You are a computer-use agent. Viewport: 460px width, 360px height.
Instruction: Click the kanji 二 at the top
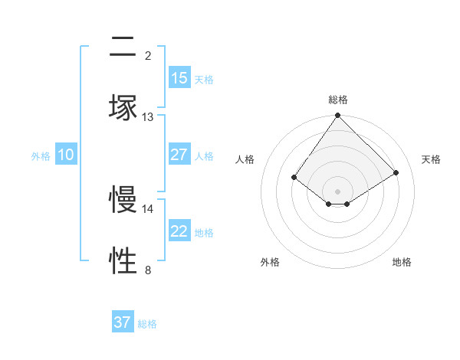pos(123,47)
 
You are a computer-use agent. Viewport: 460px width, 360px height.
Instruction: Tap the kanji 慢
pos(123,199)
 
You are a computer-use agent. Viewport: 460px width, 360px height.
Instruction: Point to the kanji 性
pos(123,260)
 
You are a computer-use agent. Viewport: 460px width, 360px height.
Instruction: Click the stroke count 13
pos(148,117)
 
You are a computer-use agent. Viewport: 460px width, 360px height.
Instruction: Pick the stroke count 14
pos(148,208)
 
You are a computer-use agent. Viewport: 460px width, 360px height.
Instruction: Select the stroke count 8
pos(148,270)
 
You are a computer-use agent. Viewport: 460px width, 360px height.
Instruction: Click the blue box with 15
pos(179,78)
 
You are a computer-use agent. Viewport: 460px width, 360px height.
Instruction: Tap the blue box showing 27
pos(179,155)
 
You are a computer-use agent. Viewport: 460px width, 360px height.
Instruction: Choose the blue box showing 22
pos(179,231)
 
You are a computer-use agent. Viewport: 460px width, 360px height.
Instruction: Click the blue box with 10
pos(66,155)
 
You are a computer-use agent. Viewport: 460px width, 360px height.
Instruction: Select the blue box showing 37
pos(123,322)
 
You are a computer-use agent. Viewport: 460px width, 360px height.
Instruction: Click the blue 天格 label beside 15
pos(204,79)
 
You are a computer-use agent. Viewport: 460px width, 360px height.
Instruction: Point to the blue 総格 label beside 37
pos(147,323)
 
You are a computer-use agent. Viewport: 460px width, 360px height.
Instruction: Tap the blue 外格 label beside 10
pos(41,155)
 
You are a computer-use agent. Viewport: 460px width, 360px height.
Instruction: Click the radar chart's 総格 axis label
pos(338,100)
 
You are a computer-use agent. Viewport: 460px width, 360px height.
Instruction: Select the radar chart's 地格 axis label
pos(402,262)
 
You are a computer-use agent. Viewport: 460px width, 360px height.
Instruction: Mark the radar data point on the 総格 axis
pos(338,116)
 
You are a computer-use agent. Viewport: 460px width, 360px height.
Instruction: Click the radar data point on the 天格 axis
pos(396,172)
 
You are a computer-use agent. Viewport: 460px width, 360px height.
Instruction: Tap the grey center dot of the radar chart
pos(338,191)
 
